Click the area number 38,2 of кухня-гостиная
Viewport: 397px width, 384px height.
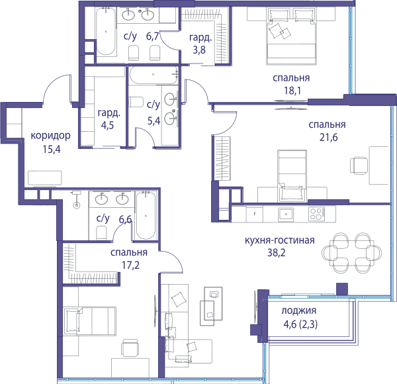pyautogui.click(x=276, y=253)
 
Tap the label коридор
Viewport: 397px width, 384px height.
pyautogui.click(x=51, y=136)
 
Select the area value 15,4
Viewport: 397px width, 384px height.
pyautogui.click(x=52, y=150)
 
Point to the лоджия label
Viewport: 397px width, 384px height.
pyautogui.click(x=299, y=311)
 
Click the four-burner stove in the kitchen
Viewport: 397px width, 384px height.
pyautogui.click(x=316, y=214)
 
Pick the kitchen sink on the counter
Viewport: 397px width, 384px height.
pyautogui.click(x=286, y=215)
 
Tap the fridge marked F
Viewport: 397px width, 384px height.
pyautogui.click(x=255, y=214)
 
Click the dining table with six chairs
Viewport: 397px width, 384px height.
pyautogui.click(x=352, y=253)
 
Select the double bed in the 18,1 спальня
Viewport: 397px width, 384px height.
pyautogui.click(x=291, y=36)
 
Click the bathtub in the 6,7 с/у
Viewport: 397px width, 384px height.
pyautogui.click(x=106, y=31)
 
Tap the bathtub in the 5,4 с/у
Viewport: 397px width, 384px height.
pyautogui.click(x=154, y=75)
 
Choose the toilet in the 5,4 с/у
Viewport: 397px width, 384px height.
pyautogui.click(x=136, y=102)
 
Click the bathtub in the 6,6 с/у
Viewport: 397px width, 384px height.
pyautogui.click(x=146, y=216)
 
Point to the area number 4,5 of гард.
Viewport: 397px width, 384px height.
pyautogui.click(x=107, y=126)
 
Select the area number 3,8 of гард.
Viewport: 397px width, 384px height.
pyautogui.click(x=199, y=50)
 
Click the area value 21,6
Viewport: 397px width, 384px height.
pyautogui.click(x=328, y=138)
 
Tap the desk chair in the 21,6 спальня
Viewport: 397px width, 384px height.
pyautogui.click(x=359, y=166)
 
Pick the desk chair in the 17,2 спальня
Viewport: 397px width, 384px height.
pyautogui.click(x=130, y=348)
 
